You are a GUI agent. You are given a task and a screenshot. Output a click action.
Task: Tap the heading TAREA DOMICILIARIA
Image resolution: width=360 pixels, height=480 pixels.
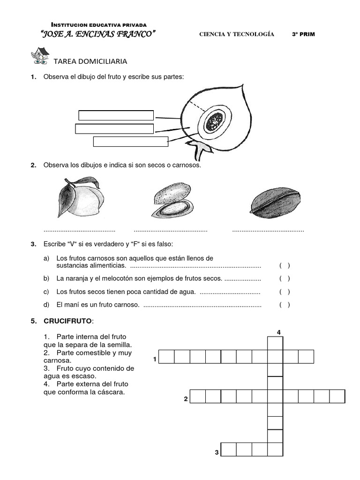click(90, 61)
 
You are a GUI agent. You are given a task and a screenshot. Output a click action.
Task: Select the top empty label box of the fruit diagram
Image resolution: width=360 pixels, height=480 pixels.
click(116, 115)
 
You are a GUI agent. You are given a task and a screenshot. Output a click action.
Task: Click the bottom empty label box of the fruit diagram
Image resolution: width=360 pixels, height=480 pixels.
click(130, 142)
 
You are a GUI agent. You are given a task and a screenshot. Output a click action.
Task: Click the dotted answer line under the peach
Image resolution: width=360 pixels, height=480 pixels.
click(79, 231)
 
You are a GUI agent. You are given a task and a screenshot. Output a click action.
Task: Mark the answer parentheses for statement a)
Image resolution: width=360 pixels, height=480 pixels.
click(285, 266)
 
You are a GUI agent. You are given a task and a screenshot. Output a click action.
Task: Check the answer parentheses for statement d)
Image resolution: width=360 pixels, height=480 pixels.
click(285, 305)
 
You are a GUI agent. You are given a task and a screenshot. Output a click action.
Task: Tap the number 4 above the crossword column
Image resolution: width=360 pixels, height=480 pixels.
click(278, 332)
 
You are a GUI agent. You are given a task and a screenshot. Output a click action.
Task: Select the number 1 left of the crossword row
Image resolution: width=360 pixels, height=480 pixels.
click(154, 360)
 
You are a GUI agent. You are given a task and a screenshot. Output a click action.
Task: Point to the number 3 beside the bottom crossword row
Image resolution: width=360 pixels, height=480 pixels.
click(217, 452)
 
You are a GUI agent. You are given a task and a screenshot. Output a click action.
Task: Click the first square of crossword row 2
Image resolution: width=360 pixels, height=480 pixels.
click(197, 396)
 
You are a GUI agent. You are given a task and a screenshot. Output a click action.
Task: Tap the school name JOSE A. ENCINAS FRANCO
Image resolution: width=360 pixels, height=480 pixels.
click(98, 34)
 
